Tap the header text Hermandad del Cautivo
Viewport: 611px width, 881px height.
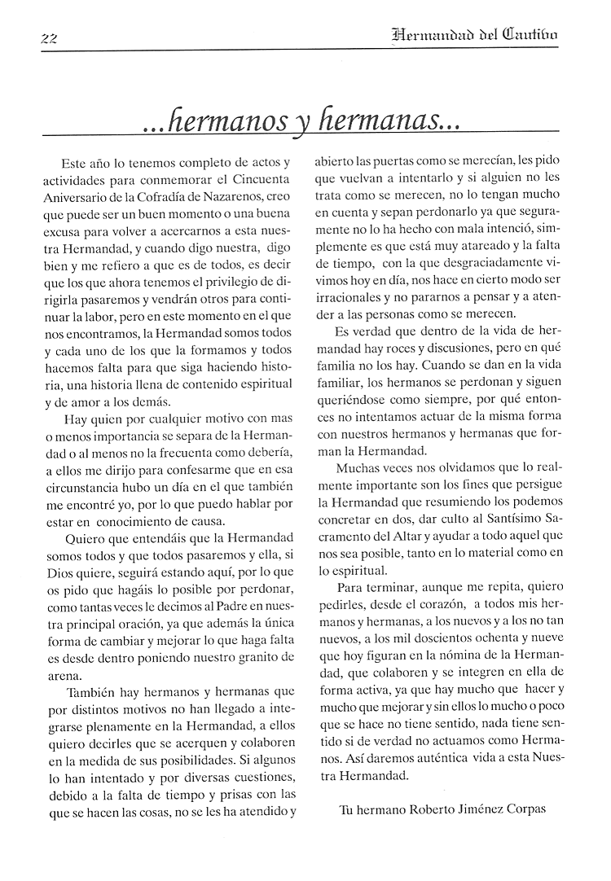coord(474,34)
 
